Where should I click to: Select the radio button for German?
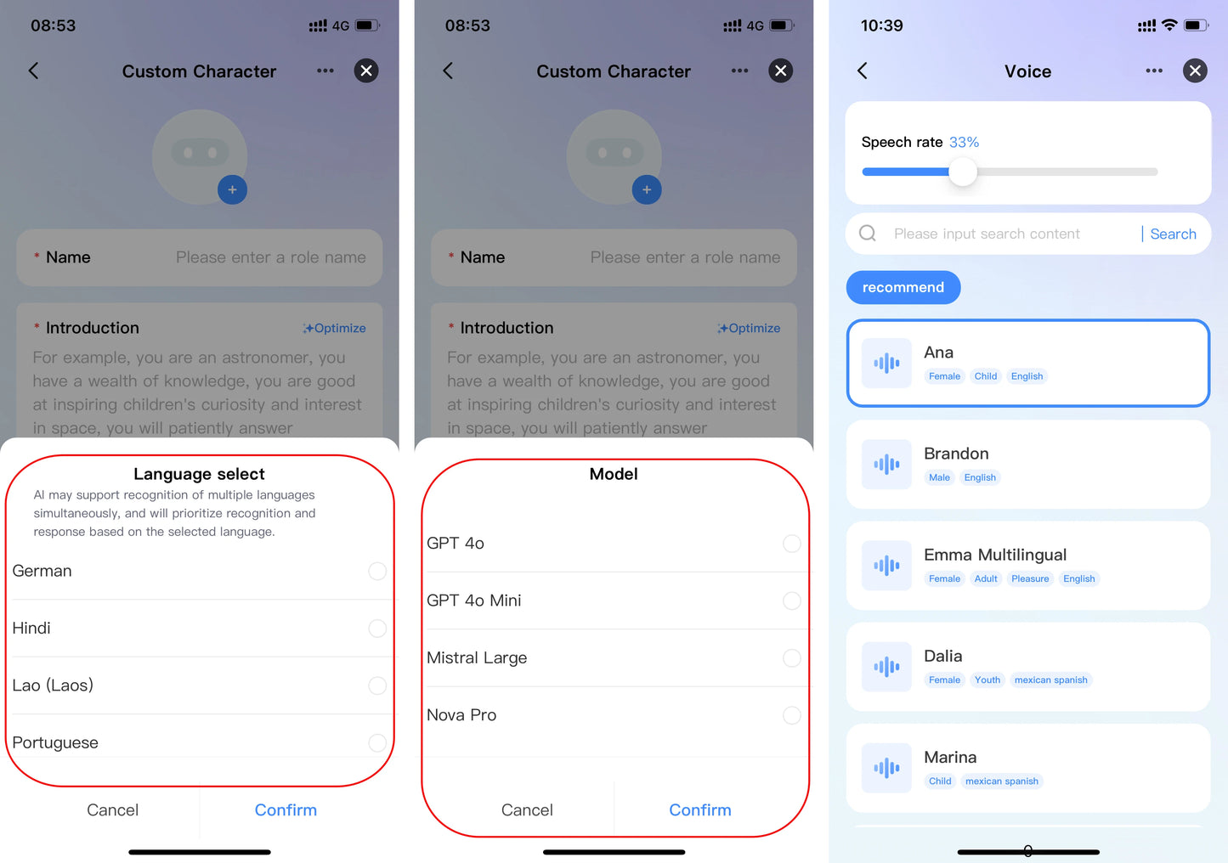coord(377,571)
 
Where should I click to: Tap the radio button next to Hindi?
coord(377,628)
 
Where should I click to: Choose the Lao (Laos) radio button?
coord(377,685)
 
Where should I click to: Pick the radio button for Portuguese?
coord(377,742)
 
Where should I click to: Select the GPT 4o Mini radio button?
coord(792,601)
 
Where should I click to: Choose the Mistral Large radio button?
coord(792,657)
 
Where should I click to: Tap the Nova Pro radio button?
coord(792,715)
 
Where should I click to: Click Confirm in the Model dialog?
coord(700,809)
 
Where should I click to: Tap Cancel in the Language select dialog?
coord(112,809)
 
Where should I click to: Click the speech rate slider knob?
coord(963,172)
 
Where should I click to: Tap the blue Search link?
coord(1173,234)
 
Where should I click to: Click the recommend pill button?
coord(903,287)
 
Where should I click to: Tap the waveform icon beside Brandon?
coord(886,464)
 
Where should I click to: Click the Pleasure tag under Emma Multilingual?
coord(1029,578)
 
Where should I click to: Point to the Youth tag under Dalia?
coord(987,680)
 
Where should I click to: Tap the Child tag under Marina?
coord(940,781)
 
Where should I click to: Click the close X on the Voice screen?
coord(1195,71)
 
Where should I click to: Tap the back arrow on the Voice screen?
coord(863,71)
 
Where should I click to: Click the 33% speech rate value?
coord(964,143)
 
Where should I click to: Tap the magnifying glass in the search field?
coord(868,234)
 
